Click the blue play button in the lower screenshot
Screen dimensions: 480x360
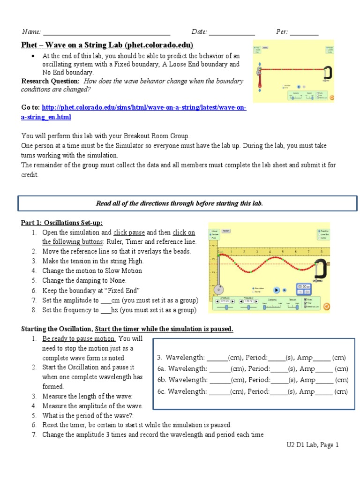pos(277,290)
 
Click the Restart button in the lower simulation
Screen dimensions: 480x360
pos(226,231)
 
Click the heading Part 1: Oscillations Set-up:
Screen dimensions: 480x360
pos(62,222)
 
